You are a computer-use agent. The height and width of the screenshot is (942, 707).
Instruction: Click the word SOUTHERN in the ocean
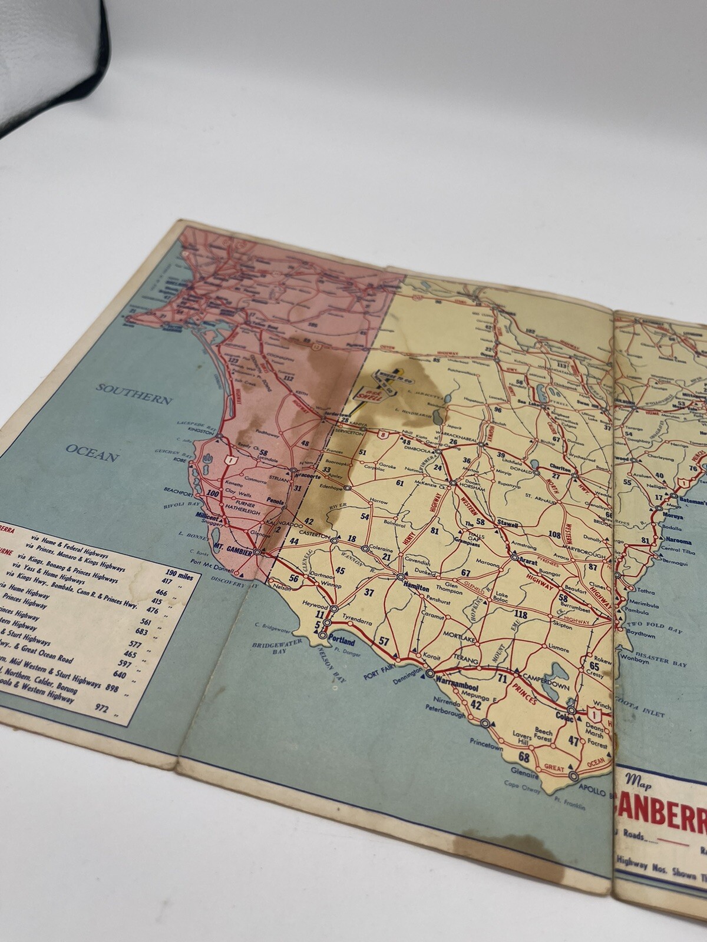(x=135, y=393)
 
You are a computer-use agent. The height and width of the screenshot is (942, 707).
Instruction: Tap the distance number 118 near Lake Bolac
(x=520, y=615)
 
